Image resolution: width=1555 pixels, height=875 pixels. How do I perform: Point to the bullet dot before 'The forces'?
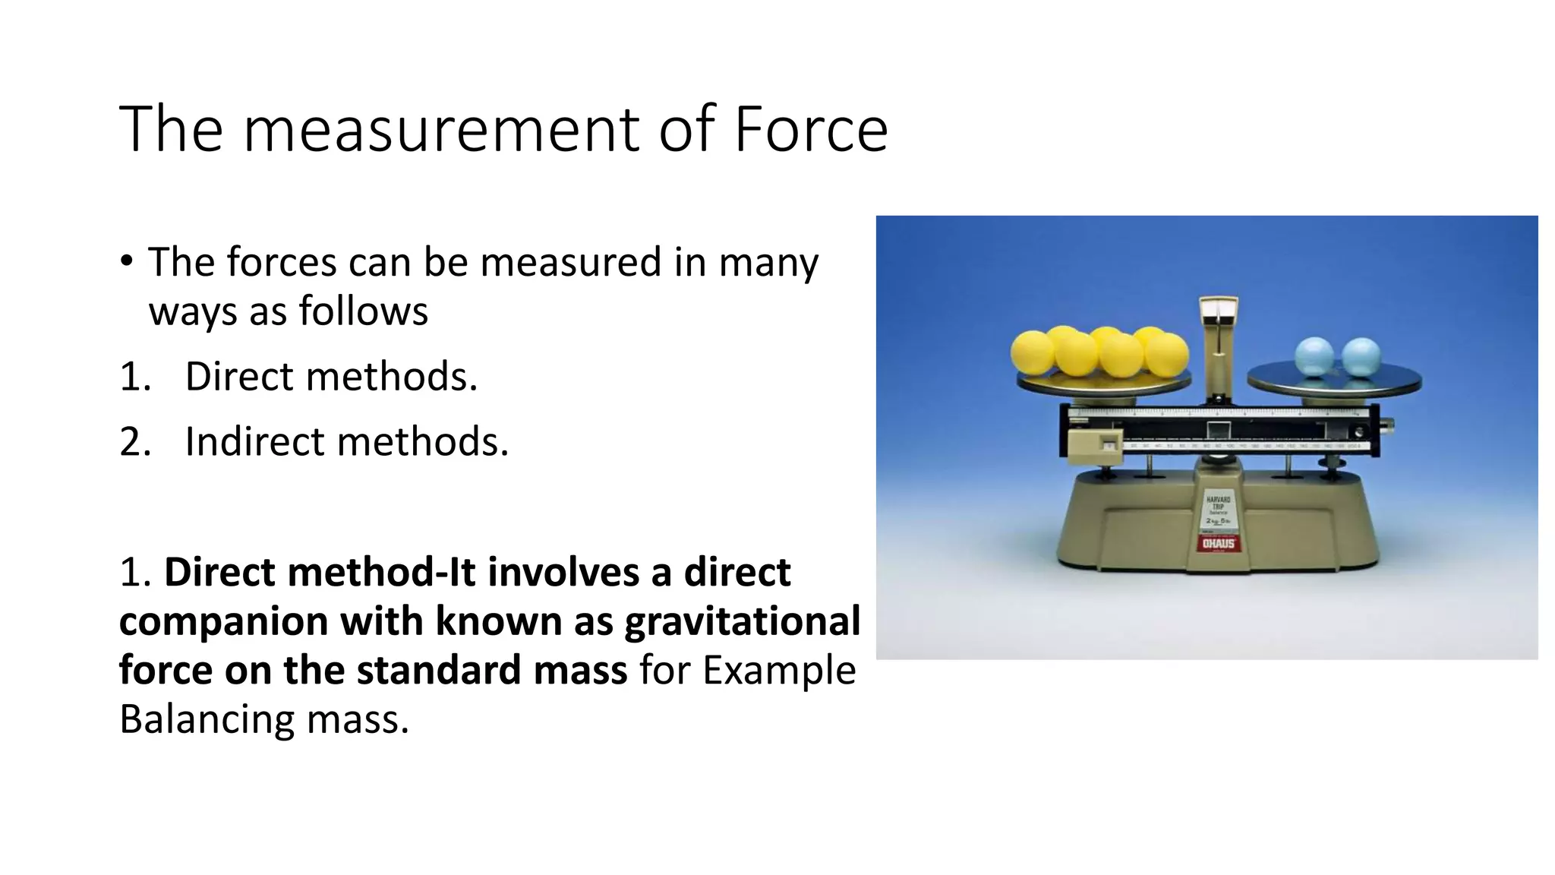coord(126,261)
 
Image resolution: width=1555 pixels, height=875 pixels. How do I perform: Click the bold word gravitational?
coord(742,621)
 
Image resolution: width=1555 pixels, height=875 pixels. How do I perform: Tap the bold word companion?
coord(223,621)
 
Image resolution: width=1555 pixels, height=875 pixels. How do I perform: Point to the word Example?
coord(779,670)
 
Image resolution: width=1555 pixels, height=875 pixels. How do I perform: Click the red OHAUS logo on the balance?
coord(1218,543)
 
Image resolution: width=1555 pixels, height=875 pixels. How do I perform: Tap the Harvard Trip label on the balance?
coord(1218,505)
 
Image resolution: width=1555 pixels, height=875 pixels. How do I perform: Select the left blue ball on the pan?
coord(1314,357)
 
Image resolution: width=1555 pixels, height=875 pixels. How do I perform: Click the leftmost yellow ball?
coord(1032,352)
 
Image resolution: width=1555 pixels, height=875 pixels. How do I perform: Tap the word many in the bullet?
coord(768,263)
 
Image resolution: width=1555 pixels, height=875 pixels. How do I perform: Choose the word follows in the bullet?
coord(363,311)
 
